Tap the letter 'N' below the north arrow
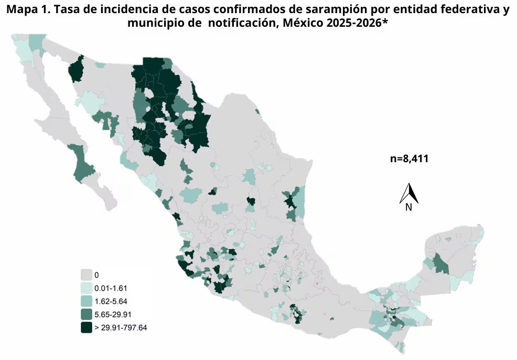pos(408,207)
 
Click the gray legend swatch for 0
pos(87,274)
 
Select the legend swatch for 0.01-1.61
pos(87,288)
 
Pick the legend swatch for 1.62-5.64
pos(87,301)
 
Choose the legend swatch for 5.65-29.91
pos(87,314)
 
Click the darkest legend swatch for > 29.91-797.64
pos(87,328)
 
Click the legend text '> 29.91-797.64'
pos(121,328)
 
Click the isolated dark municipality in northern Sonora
pos(77,70)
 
